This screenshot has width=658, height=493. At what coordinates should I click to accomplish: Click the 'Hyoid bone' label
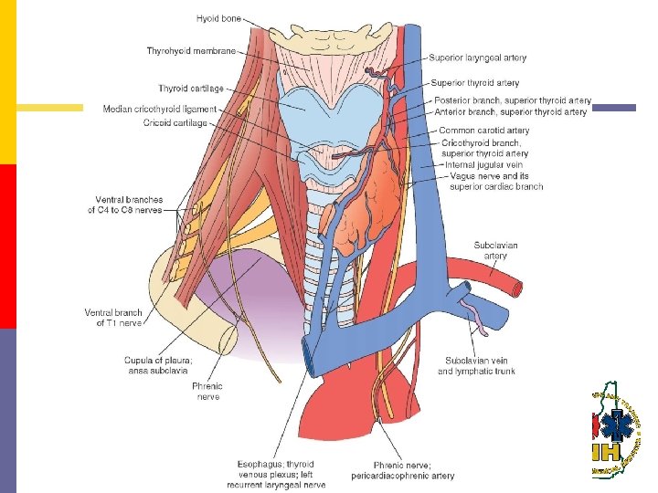point(218,17)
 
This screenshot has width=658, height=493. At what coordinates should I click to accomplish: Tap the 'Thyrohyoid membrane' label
point(192,51)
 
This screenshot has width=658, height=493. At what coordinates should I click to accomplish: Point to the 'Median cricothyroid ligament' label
point(160,109)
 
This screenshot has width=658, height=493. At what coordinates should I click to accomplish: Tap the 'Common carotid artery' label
point(483,131)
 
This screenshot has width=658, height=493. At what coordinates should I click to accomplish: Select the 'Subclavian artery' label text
point(495,250)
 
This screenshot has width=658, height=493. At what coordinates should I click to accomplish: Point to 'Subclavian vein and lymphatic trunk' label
point(475,365)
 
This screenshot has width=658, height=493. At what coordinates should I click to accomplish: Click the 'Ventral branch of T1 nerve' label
point(113,318)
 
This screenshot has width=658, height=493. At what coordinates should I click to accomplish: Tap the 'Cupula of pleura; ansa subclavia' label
point(158,365)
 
